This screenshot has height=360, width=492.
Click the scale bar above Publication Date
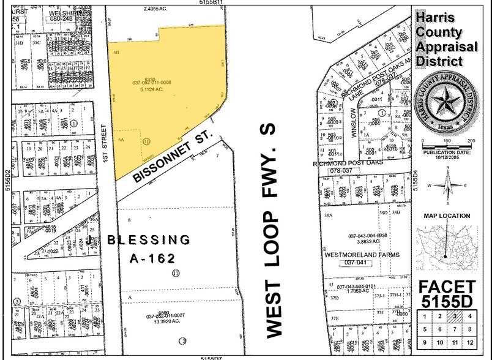447,141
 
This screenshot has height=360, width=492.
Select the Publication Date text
447,151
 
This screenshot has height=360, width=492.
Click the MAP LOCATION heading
447,216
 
